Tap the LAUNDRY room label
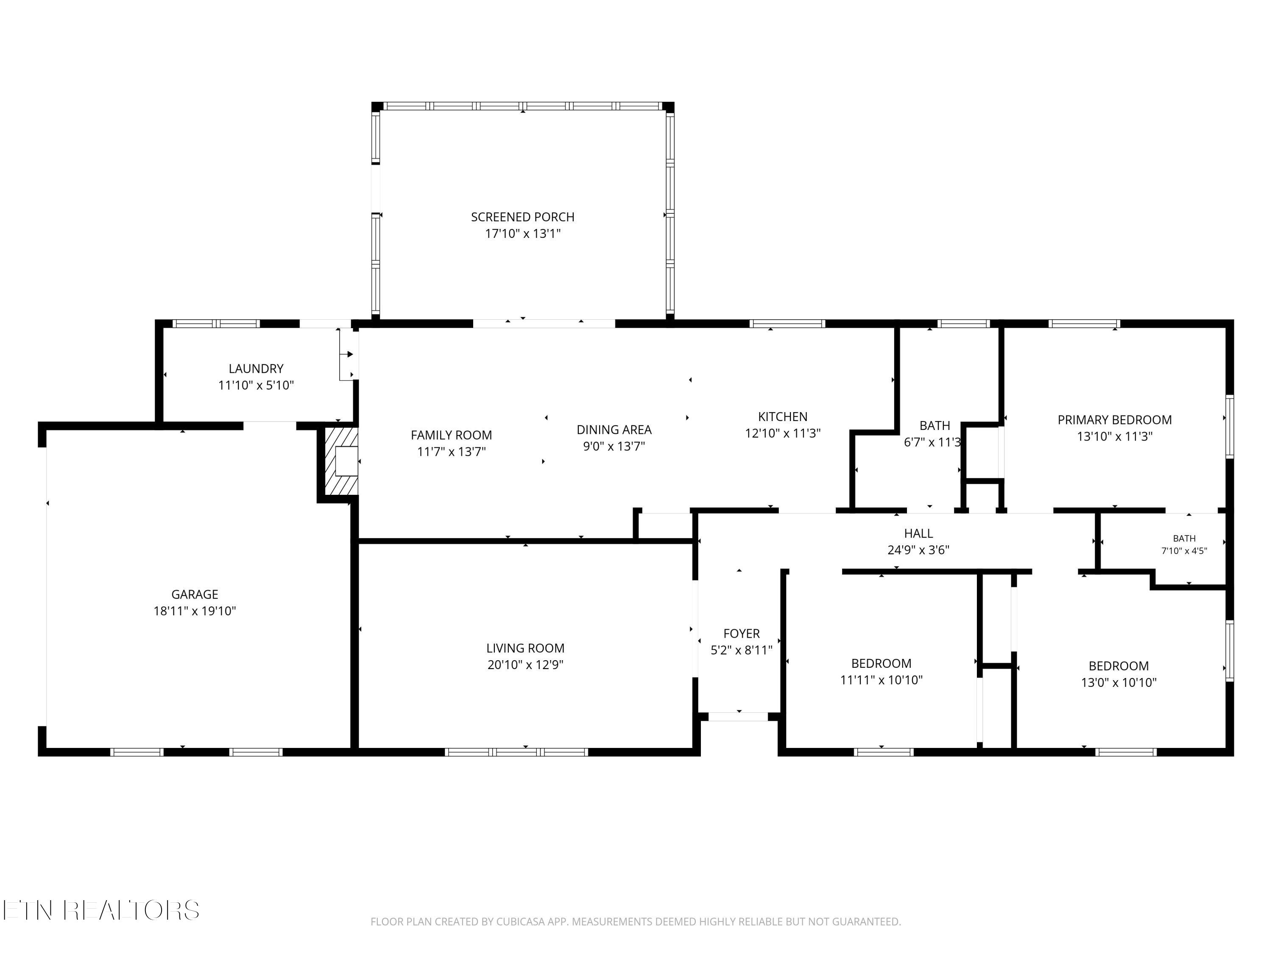pos(256,368)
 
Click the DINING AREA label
pos(614,430)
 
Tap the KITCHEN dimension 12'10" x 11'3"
pos(783,433)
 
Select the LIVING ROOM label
pos(525,648)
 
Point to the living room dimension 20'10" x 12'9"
pos(525,665)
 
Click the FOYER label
pos(741,634)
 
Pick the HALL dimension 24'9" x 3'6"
pos(918,550)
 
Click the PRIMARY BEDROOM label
pos(1114,420)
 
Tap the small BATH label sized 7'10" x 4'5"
pos(1184,538)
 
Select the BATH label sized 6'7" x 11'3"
pos(934,426)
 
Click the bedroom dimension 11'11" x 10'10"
pos(881,680)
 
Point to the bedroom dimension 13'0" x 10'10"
pos(1119,683)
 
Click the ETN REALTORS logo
pos(101,910)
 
